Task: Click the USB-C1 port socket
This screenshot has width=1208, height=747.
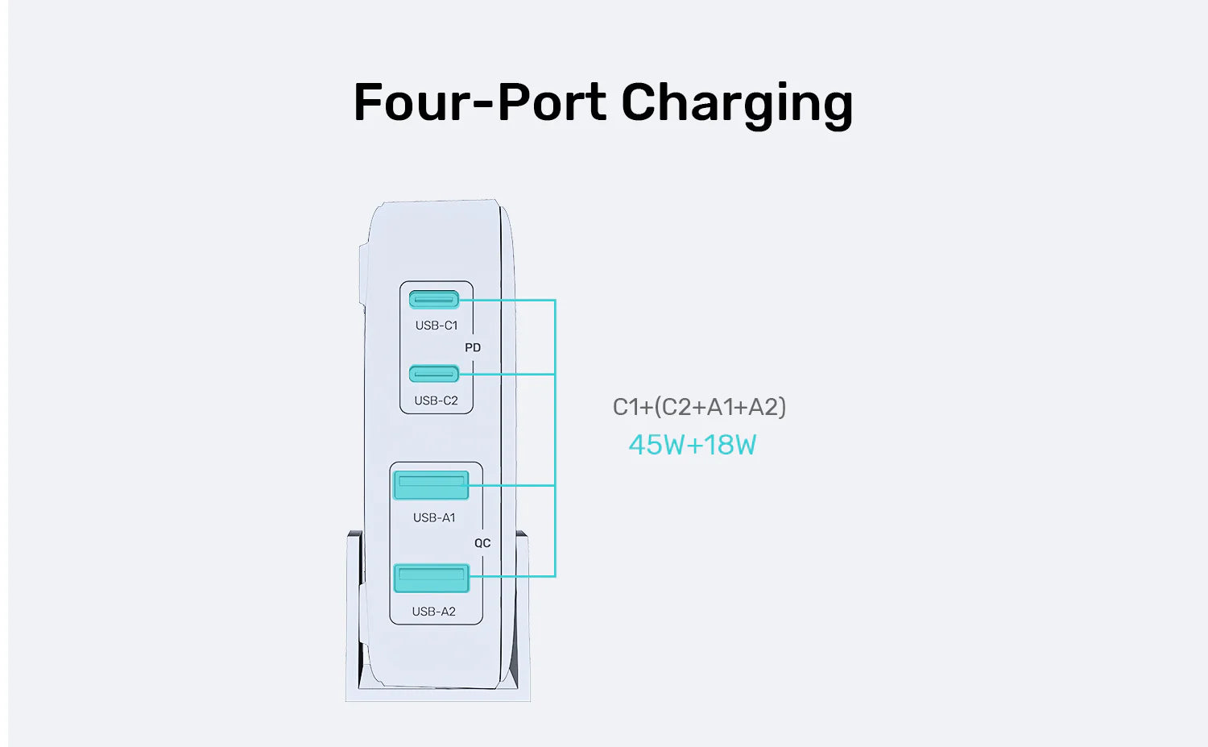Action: (434, 300)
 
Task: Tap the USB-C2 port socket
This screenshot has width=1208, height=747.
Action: (434, 374)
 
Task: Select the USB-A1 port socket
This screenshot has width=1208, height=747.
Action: (431, 485)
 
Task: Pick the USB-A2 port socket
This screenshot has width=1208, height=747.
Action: (431, 578)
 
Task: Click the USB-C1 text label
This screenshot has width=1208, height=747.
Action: (436, 326)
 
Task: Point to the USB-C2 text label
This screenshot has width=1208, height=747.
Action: (436, 400)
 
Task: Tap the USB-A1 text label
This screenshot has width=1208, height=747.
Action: (434, 517)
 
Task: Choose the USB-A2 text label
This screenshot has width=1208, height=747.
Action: (433, 612)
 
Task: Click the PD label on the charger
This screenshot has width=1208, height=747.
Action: (473, 347)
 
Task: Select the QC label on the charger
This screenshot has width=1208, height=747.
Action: (482, 543)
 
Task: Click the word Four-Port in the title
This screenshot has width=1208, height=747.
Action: (480, 102)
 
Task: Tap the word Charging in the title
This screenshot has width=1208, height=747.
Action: (736, 104)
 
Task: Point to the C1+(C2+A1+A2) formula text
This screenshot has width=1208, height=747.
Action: (699, 407)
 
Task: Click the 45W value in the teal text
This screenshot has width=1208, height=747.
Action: (656, 445)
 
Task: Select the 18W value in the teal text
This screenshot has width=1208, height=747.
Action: (730, 445)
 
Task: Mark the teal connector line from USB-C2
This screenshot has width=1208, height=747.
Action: (507, 374)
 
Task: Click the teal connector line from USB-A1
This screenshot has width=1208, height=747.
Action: (512, 485)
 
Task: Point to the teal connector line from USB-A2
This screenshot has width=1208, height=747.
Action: (512, 576)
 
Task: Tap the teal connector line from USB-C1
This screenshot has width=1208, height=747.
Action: (507, 300)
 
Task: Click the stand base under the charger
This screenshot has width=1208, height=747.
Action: (437, 693)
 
